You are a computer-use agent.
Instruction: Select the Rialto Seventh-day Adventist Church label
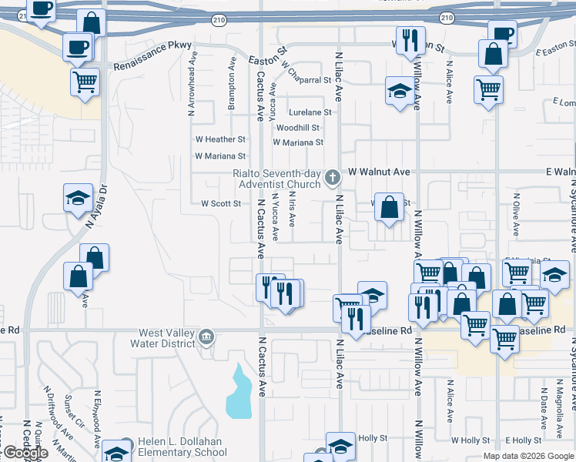click(276, 179)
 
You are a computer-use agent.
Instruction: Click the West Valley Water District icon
click(206, 337)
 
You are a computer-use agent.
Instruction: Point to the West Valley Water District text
click(166, 338)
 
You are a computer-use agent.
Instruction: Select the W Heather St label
click(220, 139)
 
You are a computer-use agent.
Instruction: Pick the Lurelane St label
click(310, 112)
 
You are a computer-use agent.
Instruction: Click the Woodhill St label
click(298, 127)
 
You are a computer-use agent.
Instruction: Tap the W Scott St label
click(221, 204)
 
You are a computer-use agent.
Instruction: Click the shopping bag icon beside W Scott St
click(390, 206)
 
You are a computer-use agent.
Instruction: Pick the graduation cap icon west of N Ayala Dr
click(78, 198)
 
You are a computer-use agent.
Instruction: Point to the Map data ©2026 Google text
click(527, 456)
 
